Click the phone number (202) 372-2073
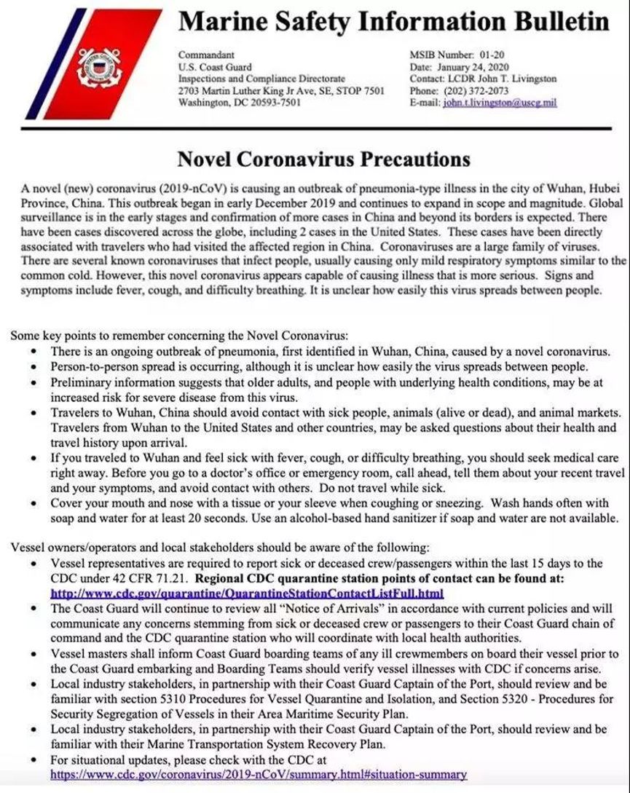point(476,90)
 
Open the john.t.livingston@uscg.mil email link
point(500,103)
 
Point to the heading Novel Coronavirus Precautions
point(324,159)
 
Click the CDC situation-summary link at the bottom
point(259,775)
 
